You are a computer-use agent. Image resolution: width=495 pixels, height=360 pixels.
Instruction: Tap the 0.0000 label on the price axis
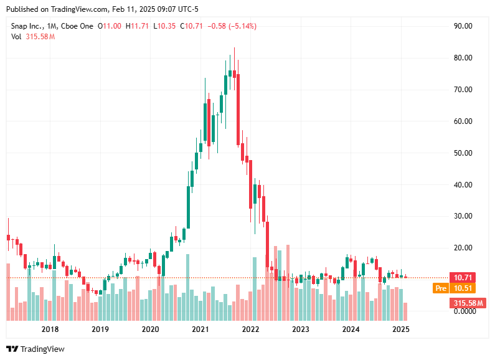(x=463, y=311)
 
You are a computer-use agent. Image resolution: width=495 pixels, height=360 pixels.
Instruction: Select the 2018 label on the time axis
(x=50, y=329)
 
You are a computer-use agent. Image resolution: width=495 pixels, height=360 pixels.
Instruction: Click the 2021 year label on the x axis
(x=200, y=329)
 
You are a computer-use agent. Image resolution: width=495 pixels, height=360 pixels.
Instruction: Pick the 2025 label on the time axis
(x=400, y=329)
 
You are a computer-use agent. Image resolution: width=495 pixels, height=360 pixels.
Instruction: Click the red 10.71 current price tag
(x=464, y=277)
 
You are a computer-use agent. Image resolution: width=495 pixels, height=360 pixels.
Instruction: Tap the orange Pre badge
(x=441, y=288)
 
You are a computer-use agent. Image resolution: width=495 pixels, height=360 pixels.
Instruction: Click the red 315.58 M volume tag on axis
(x=466, y=303)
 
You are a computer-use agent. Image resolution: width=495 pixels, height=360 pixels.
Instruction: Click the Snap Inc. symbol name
(x=27, y=26)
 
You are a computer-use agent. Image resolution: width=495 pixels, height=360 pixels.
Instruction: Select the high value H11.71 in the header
(x=138, y=26)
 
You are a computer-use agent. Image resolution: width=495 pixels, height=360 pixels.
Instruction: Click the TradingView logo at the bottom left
(x=35, y=349)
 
